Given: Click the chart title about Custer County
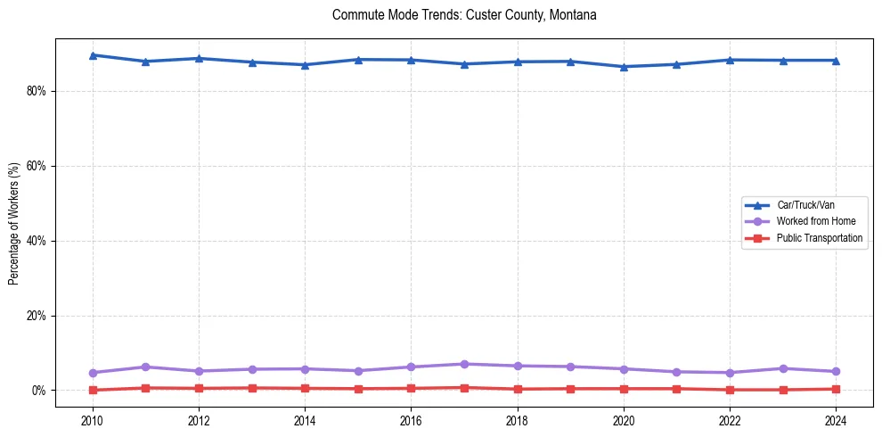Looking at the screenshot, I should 464,15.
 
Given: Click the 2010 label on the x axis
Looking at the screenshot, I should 93,420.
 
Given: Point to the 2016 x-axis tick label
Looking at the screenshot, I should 411,420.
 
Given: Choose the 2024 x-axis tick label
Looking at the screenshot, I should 836,420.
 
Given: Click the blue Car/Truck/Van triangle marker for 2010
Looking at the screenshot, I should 93,55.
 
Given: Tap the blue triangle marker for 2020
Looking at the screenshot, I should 624,67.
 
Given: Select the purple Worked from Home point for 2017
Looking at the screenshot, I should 464,364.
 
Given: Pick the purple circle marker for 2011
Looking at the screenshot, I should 145,367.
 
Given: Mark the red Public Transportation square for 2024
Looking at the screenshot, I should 836,389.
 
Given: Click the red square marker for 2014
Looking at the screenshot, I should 305,388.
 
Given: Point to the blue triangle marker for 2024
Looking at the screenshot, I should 836,61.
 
